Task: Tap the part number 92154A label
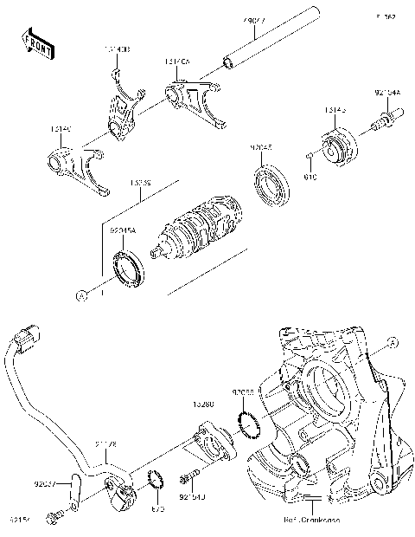point(387,90)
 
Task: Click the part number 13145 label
point(335,110)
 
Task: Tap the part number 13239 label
point(140,184)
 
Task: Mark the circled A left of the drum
point(82,295)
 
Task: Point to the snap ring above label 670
point(156,478)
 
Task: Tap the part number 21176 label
point(105,445)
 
